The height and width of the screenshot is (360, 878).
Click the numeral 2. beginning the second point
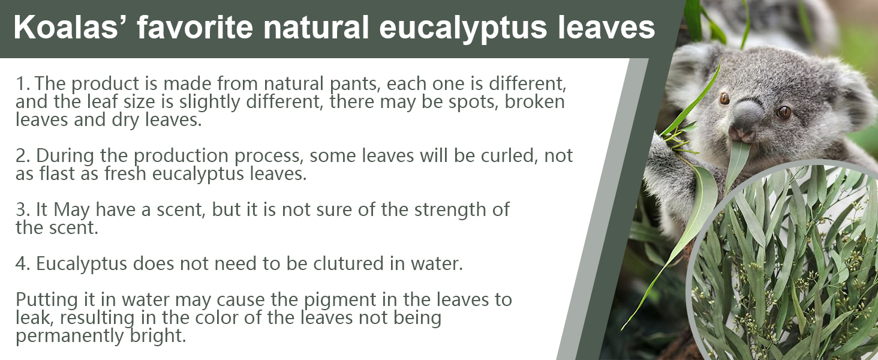[x=23, y=156]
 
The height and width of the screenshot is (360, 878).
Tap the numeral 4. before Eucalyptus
[x=23, y=263]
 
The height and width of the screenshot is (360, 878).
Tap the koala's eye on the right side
[x=783, y=113]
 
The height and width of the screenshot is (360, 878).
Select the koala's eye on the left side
[x=724, y=98]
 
